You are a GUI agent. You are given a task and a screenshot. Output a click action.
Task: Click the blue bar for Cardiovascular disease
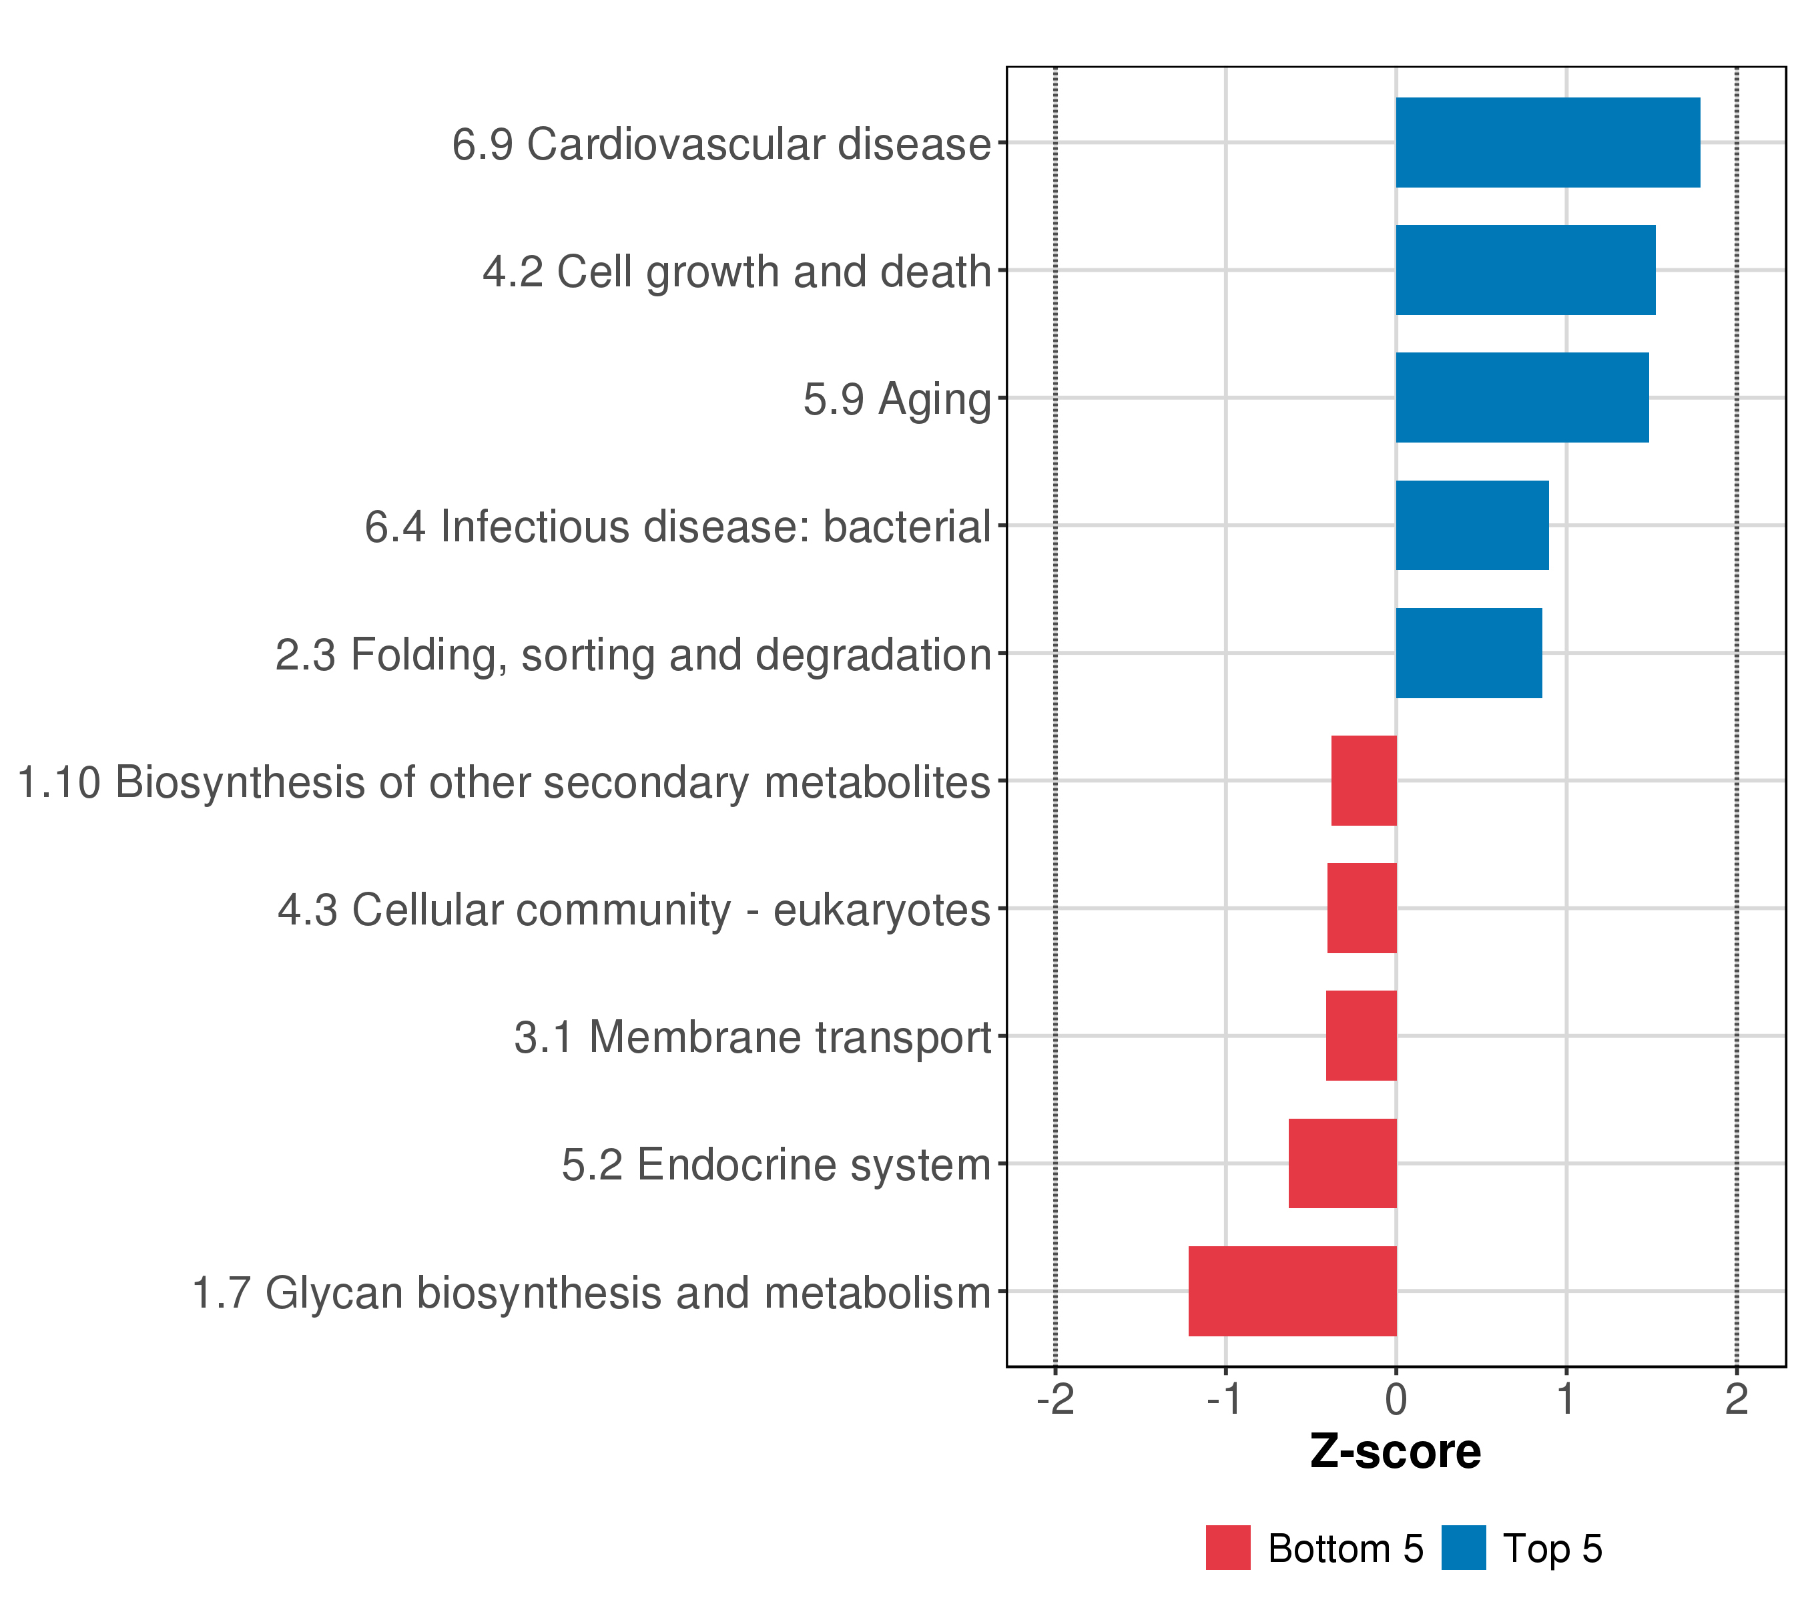pyautogui.click(x=1547, y=143)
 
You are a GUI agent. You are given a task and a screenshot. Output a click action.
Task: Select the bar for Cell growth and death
pyautogui.click(x=1525, y=270)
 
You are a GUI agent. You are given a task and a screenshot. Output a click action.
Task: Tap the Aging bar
pyautogui.click(x=1522, y=398)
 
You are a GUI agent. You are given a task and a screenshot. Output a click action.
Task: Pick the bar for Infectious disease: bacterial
pyautogui.click(x=1472, y=525)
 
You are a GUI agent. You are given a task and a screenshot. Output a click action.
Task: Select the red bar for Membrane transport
pyautogui.click(x=1362, y=1036)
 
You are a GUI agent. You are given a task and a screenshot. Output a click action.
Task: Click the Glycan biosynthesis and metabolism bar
pyautogui.click(x=1292, y=1291)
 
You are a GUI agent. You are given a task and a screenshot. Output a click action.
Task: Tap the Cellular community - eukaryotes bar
pyautogui.click(x=1362, y=908)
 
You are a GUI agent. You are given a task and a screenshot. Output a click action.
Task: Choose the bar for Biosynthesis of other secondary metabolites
pyautogui.click(x=1364, y=780)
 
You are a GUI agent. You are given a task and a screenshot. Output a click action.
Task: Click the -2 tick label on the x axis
pyautogui.click(x=1055, y=1400)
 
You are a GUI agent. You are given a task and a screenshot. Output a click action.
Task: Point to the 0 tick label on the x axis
pyautogui.click(x=1396, y=1400)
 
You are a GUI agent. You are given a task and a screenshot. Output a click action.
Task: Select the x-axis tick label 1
pyautogui.click(x=1566, y=1400)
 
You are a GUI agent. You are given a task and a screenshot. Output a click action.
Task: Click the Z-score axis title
pyautogui.click(x=1396, y=1452)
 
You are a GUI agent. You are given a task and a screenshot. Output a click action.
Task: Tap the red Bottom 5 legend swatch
pyautogui.click(x=1228, y=1548)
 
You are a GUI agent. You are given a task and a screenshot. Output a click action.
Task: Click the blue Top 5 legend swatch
pyautogui.click(x=1464, y=1548)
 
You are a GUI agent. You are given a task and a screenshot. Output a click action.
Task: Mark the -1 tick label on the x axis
pyautogui.click(x=1225, y=1400)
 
